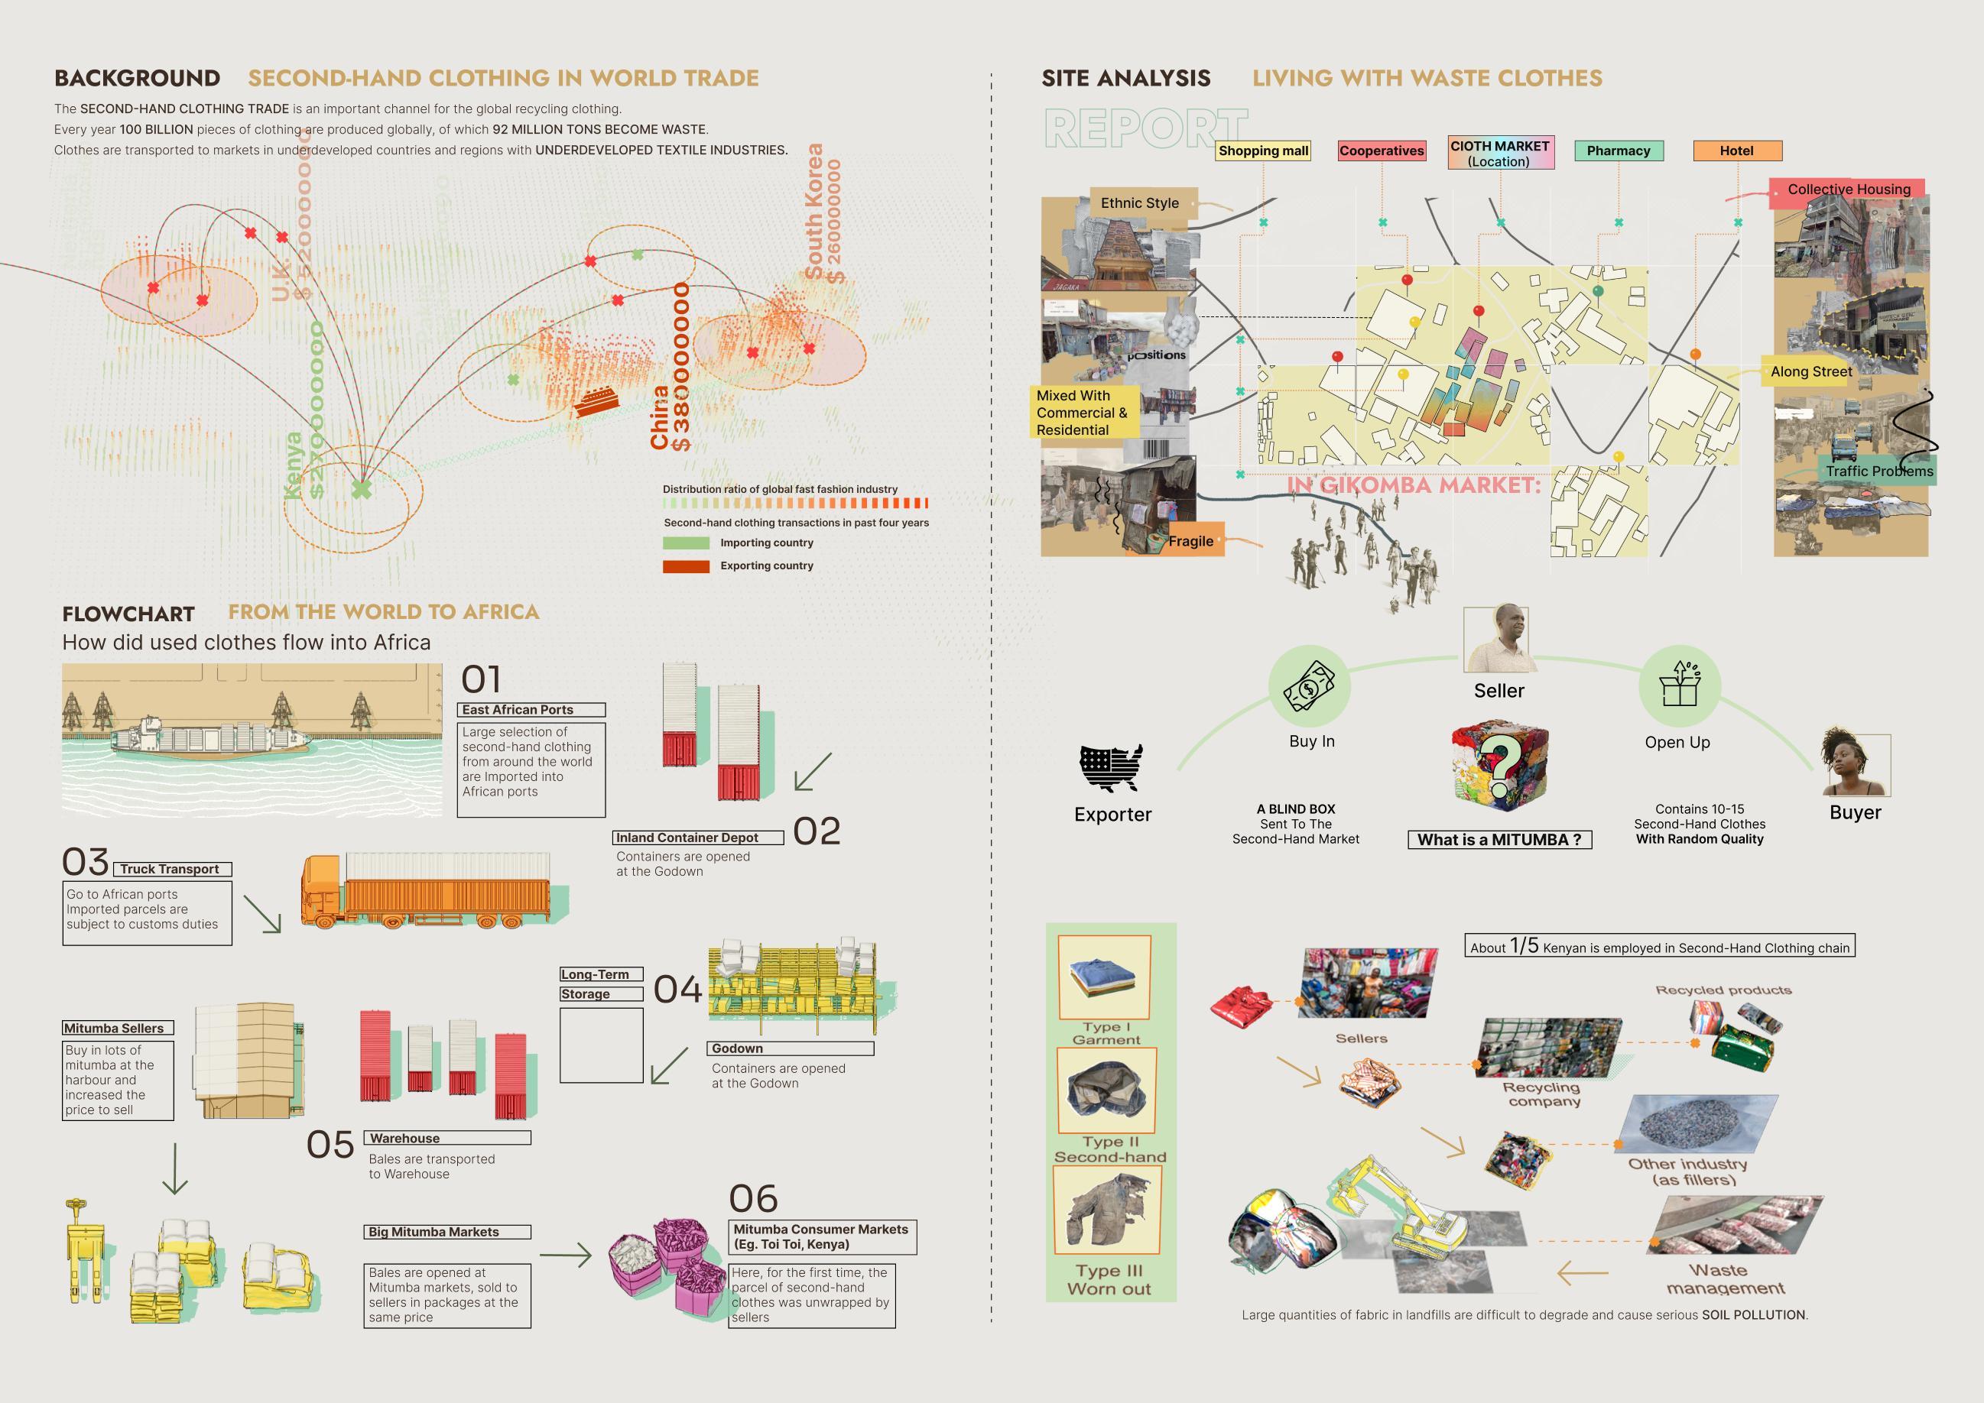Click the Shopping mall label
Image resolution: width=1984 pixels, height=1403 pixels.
[1263, 151]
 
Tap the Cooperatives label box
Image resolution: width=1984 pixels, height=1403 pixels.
[1381, 151]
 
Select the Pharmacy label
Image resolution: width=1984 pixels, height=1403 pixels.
[1618, 151]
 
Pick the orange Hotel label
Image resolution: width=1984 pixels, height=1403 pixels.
[1736, 151]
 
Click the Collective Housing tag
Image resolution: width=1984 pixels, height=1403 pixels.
[1849, 190]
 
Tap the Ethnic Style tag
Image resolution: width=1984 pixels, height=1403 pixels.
[1139, 203]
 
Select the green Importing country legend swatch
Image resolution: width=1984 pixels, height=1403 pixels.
[685, 543]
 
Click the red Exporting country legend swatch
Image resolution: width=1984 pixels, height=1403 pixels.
[685, 567]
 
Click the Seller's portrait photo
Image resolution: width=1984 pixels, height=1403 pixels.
[1499, 640]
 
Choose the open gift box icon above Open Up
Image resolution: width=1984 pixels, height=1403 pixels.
[1679, 686]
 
